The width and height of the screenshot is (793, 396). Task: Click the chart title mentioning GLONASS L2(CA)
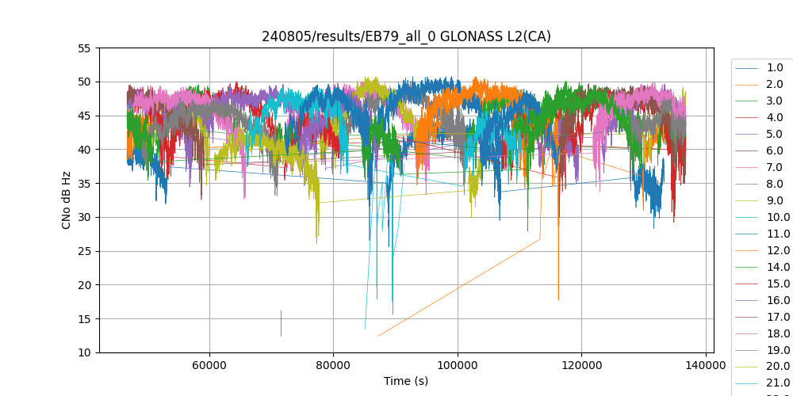pyautogui.click(x=406, y=36)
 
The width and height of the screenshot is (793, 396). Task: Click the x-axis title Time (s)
pyautogui.click(x=406, y=381)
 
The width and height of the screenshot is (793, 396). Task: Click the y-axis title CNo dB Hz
pyautogui.click(x=67, y=200)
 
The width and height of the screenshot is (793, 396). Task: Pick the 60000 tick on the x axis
pyautogui.click(x=209, y=367)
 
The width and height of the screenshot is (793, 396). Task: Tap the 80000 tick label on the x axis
pyautogui.click(x=333, y=367)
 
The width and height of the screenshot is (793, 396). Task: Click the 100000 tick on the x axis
pyautogui.click(x=458, y=367)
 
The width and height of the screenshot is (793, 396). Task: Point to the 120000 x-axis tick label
pyautogui.click(x=581, y=367)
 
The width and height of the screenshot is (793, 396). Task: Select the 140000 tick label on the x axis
pyautogui.click(x=706, y=367)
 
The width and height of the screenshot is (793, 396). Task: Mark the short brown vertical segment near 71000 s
pyautogui.click(x=281, y=323)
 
